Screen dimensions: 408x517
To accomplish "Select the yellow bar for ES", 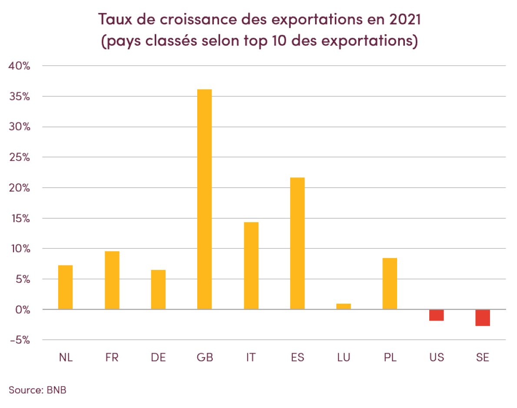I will coord(297,243).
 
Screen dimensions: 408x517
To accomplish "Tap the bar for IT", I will coord(251,265).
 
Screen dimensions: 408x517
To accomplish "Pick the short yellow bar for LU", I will coord(344,306).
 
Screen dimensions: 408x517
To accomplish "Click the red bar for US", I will coord(436,315).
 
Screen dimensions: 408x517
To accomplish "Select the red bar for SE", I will coord(482,318).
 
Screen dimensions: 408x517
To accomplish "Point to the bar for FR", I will coord(112,280).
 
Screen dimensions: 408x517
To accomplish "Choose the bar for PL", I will coord(390,284).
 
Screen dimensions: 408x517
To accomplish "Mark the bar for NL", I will coord(65,287).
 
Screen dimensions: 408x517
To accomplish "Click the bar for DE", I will coord(158,289).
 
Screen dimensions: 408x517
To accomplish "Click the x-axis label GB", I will coord(205,357).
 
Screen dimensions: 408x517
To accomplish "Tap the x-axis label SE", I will coord(482,357).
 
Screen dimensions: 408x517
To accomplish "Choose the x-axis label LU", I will coord(344,357).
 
